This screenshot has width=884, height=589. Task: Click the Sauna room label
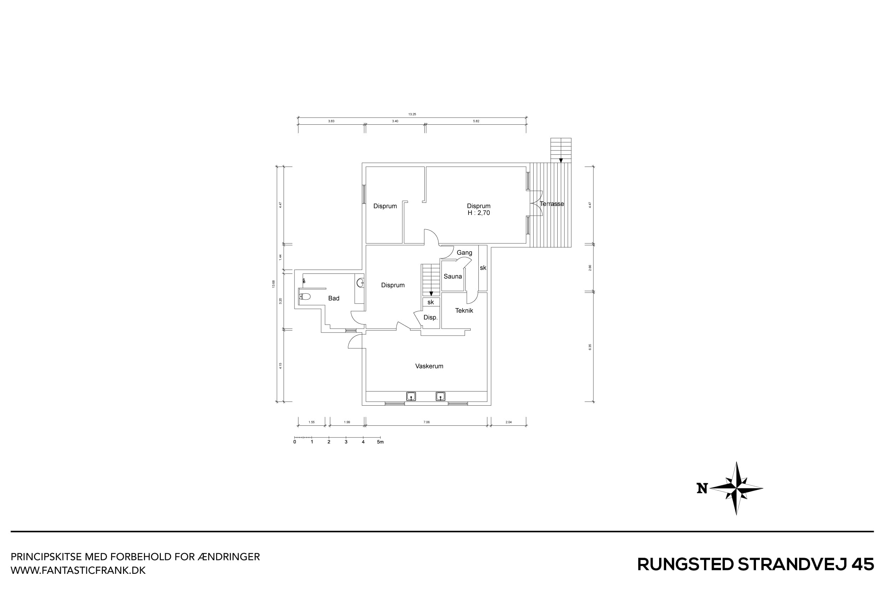[453, 276]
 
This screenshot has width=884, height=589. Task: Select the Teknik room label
[464, 310]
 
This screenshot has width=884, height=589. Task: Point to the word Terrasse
[552, 204]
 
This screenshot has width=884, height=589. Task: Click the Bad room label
[334, 298]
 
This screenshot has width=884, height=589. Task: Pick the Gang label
[464, 252]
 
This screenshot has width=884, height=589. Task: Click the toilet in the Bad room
[305, 296]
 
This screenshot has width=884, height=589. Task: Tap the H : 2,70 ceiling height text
[478, 213]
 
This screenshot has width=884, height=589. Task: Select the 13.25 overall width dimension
[412, 114]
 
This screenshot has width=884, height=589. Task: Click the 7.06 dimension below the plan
[426, 422]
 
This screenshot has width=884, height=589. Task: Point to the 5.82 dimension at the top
[476, 121]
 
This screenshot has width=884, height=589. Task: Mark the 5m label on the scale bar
[380, 442]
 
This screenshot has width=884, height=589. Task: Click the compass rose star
[736, 488]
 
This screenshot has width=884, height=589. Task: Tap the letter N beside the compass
[702, 488]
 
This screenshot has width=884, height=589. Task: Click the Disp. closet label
[430, 317]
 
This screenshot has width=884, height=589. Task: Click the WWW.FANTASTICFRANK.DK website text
[78, 571]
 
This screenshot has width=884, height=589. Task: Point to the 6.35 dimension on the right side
[590, 347]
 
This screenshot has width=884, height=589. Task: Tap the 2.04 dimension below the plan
[508, 422]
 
